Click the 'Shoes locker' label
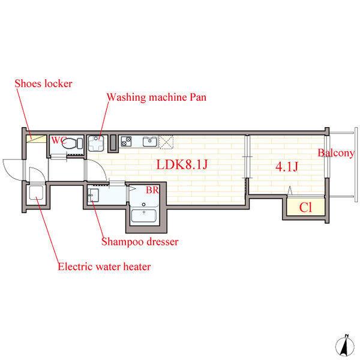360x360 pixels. coord(43,83)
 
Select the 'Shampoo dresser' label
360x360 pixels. coord(139,242)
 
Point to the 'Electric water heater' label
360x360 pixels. coord(103,266)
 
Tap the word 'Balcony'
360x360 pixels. coord(336,153)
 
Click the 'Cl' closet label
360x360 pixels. coord(305,208)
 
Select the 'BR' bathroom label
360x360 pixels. coord(152,190)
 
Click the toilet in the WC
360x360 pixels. coord(71,144)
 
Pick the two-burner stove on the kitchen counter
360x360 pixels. coord(127,142)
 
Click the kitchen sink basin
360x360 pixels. coord(149,142)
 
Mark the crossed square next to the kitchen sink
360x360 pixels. coord(166,142)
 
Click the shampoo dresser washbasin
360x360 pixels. coord(93,195)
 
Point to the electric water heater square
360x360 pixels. coord(35,194)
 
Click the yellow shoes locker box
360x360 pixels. coord(37,139)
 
